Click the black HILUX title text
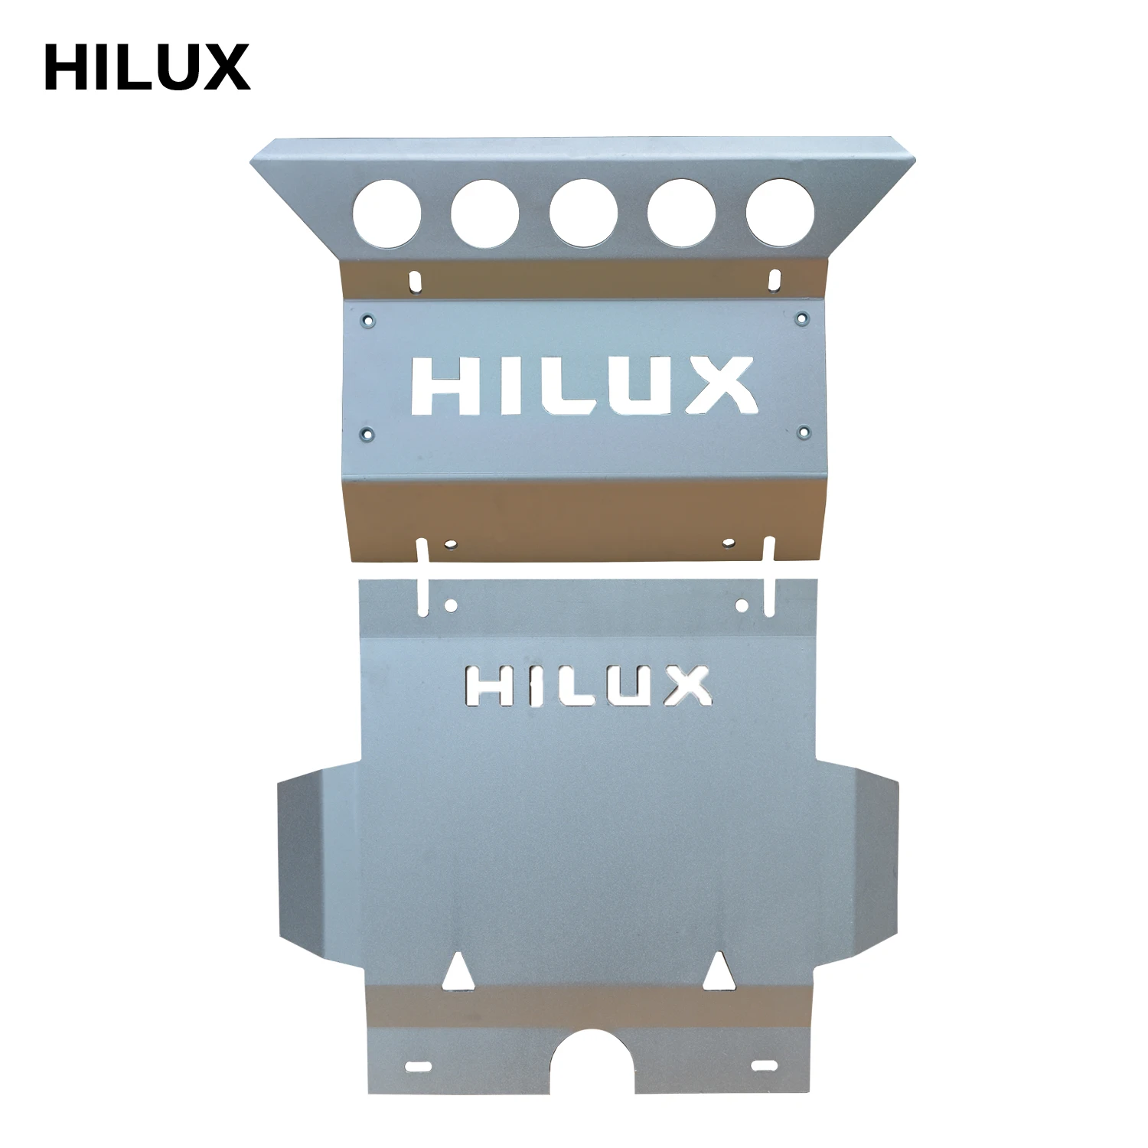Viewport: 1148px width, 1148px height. point(147,67)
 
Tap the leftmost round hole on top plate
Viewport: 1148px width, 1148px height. point(387,213)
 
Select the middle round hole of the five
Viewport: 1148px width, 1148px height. point(583,214)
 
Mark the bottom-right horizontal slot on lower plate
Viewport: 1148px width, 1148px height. point(763,1065)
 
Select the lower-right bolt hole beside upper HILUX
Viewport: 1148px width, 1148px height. point(802,433)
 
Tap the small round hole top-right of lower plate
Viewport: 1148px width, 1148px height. point(741,605)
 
